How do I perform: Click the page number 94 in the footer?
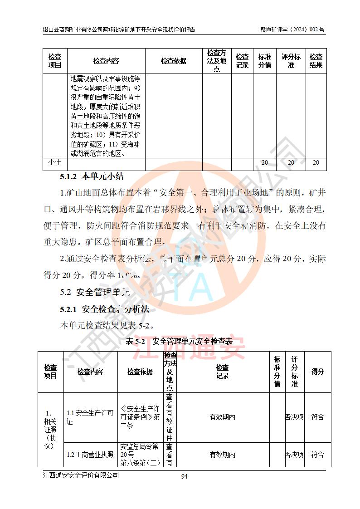click(x=184, y=476)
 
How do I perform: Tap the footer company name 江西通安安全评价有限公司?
click(x=81, y=475)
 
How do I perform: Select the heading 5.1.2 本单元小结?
click(x=92, y=176)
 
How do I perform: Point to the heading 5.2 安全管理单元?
click(x=95, y=292)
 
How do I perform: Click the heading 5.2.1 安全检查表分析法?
click(x=105, y=309)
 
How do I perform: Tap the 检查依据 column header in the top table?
click(x=173, y=61)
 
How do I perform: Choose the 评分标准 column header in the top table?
click(x=291, y=61)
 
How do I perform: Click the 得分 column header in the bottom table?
click(x=317, y=372)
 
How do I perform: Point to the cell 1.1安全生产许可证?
click(x=90, y=417)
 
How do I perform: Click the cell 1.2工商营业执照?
click(x=90, y=455)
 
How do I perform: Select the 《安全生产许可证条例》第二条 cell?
click(x=140, y=417)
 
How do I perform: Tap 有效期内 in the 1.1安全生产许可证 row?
click(x=222, y=417)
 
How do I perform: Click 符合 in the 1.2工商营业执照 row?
click(x=317, y=455)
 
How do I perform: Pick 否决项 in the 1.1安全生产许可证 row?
click(x=294, y=417)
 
